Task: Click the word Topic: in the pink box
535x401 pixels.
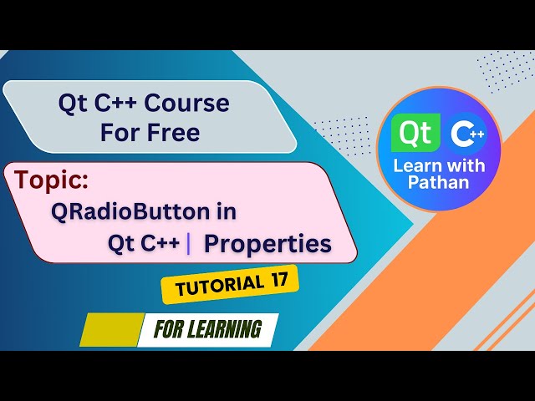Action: [51, 180]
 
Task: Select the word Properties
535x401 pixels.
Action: [267, 243]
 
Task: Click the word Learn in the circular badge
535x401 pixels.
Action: [415, 165]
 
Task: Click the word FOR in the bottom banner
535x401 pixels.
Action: [170, 329]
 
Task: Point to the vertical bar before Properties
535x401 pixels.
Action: [189, 243]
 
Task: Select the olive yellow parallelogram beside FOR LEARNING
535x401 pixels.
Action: [111, 330]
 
